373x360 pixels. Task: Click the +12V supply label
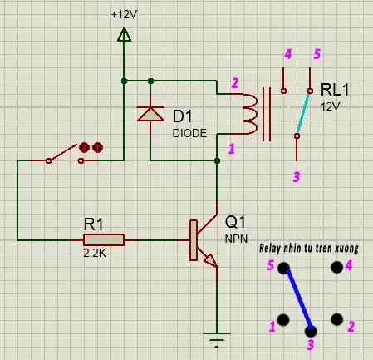[124, 14]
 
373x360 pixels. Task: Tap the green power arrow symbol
[124, 35]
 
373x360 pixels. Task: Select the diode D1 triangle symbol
[150, 114]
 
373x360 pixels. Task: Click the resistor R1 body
[104, 240]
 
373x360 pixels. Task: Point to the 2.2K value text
[95, 253]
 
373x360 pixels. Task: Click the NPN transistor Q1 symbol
[204, 240]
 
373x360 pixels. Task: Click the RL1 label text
[335, 89]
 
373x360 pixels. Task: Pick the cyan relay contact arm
[303, 113]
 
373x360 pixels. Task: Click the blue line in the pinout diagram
[299, 298]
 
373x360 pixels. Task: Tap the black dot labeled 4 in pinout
[336, 268]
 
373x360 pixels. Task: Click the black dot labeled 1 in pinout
[283, 320]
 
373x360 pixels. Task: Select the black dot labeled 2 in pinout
[336, 319]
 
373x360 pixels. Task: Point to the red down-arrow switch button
[84, 148]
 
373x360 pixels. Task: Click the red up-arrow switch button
[97, 148]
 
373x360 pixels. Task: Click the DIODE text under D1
[189, 133]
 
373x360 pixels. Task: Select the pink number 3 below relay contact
[297, 176]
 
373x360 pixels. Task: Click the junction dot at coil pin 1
[217, 160]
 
